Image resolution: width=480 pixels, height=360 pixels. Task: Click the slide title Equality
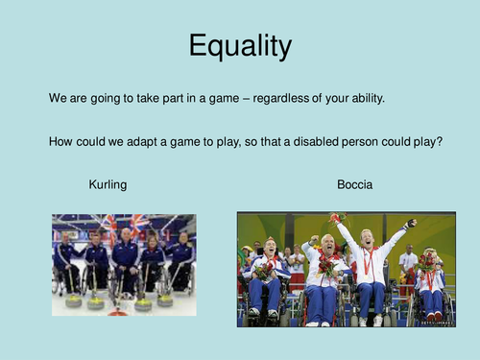239,46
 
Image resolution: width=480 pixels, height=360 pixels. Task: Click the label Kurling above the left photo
108,183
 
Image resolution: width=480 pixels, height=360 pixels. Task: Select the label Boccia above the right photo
353,183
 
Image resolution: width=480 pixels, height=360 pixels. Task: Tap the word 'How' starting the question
60,141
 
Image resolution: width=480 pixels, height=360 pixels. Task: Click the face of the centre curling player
126,234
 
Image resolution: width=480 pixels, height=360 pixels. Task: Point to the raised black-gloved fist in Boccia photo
411,224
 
